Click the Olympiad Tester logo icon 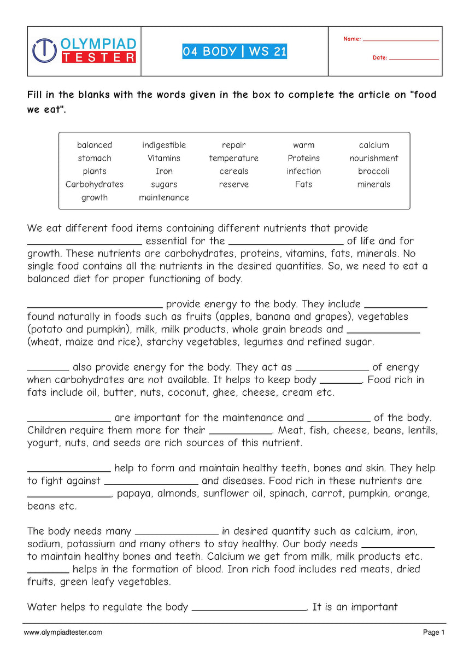coord(44,50)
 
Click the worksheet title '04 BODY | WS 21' coord(234,52)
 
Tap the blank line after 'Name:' coord(401,40)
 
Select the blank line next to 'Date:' coord(414,58)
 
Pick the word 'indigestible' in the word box coord(164,145)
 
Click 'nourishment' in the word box coord(374,158)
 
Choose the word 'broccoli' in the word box coord(374,171)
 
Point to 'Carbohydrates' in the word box coord(95,184)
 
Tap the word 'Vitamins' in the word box coord(164,158)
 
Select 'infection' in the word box coord(303,171)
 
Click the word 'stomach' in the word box coord(95,158)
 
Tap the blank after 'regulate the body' coord(250,610)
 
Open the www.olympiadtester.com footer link coord(63,632)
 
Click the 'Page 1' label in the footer coord(434,632)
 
